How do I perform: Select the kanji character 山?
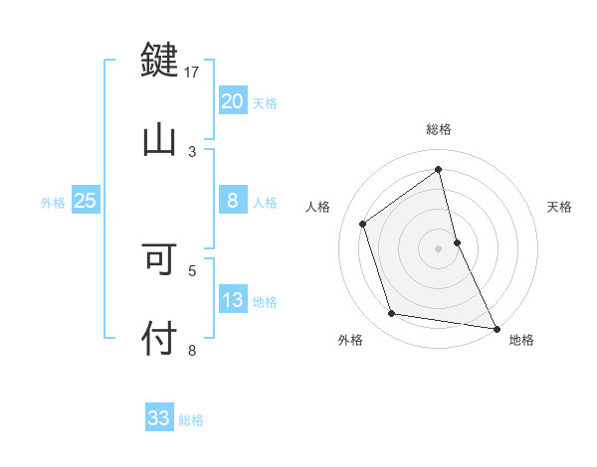(x=159, y=139)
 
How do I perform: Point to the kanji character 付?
(x=159, y=338)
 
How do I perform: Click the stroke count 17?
(x=192, y=72)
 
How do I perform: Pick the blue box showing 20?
(x=232, y=101)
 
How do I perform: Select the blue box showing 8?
(x=232, y=201)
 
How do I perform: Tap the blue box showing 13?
(x=232, y=300)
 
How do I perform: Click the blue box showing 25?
(x=85, y=201)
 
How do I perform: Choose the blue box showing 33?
(x=159, y=418)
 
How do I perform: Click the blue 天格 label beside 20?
(x=265, y=103)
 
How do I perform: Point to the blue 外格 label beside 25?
(x=53, y=203)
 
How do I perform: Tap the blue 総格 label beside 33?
(x=191, y=420)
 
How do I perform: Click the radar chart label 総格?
(x=439, y=129)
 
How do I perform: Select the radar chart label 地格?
(x=521, y=340)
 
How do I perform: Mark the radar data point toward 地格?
(x=496, y=327)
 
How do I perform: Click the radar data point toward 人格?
(x=363, y=224)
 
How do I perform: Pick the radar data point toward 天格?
(x=457, y=241)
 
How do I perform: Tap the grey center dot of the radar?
(x=439, y=247)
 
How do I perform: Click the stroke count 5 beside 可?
(x=193, y=268)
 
